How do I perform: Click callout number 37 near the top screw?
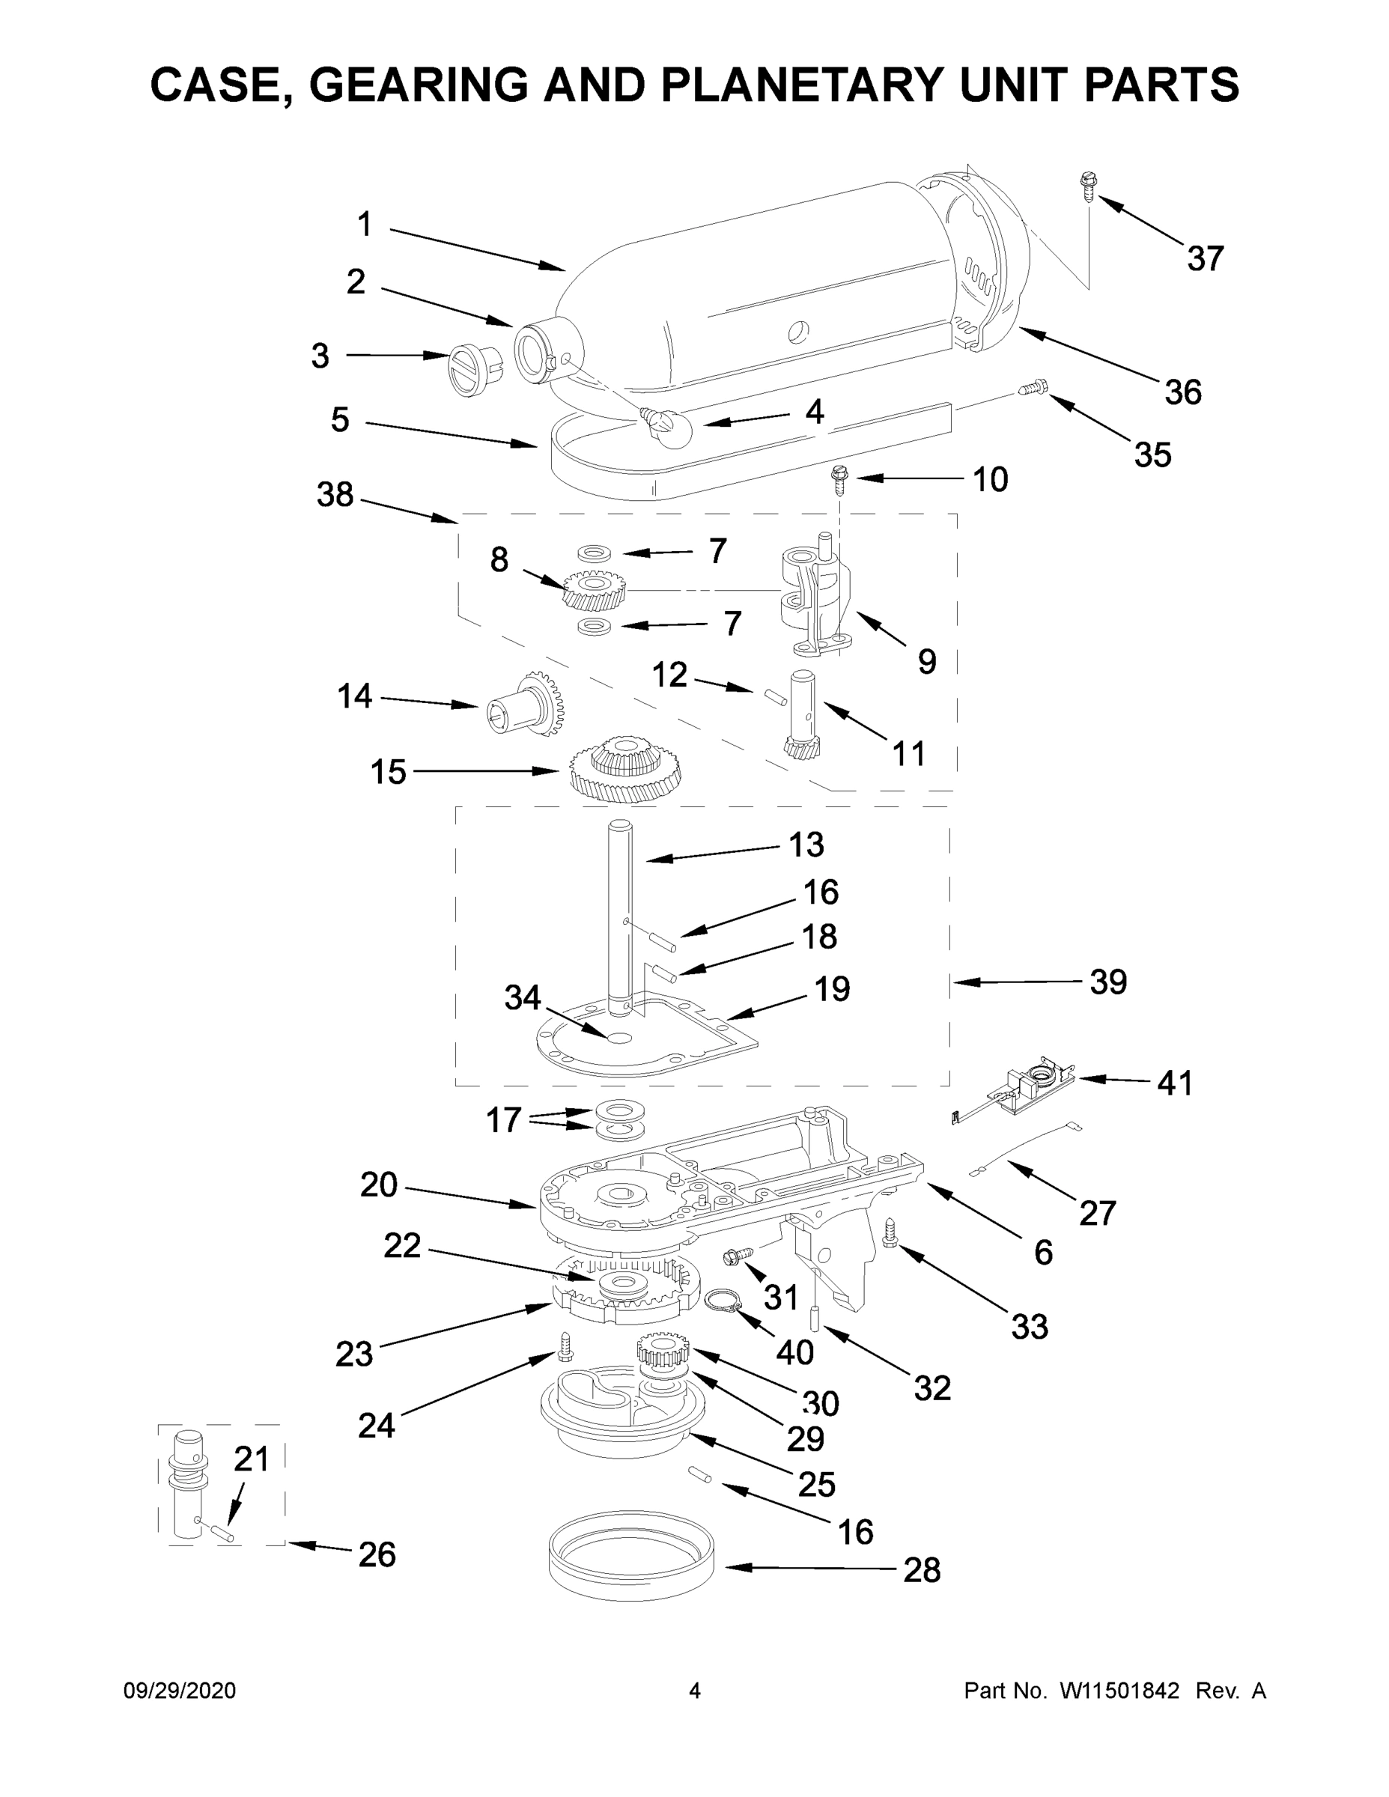coord(1205,258)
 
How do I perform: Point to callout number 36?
coord(1182,392)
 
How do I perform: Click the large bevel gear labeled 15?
coord(626,766)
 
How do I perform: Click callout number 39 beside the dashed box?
coord(1107,982)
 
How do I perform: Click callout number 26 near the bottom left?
coord(377,1554)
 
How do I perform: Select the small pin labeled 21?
coord(223,1532)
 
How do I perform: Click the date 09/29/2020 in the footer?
coord(180,1690)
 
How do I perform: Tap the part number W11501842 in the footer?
coord(1119,1690)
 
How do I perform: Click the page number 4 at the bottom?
coord(695,1690)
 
